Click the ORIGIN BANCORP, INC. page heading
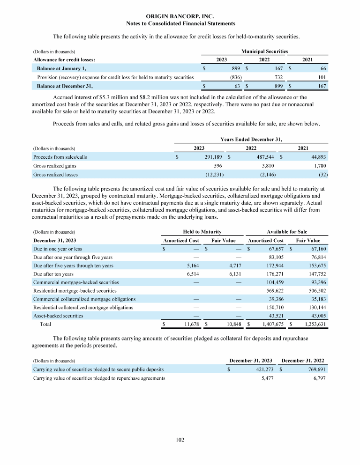180,16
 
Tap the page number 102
180,440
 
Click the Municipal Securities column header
264,51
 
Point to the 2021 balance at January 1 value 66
322,68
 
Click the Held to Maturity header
202,232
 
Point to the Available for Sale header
287,232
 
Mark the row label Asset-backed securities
58,316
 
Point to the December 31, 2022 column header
303,360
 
